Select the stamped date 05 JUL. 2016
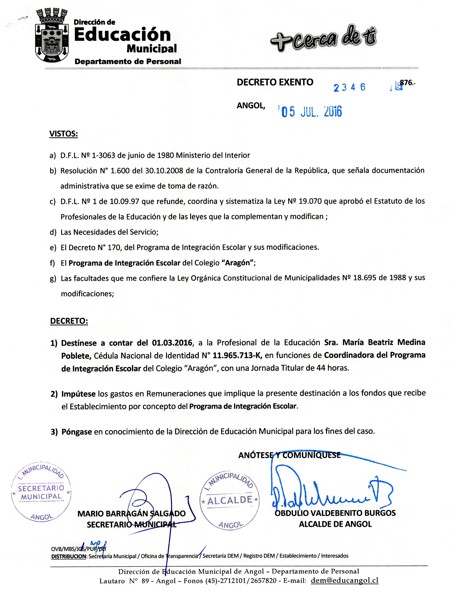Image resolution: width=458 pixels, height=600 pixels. pos(312,112)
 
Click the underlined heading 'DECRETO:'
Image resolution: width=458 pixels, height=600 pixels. pos(69,321)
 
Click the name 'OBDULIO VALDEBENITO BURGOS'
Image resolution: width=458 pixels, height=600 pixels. pos(335,513)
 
